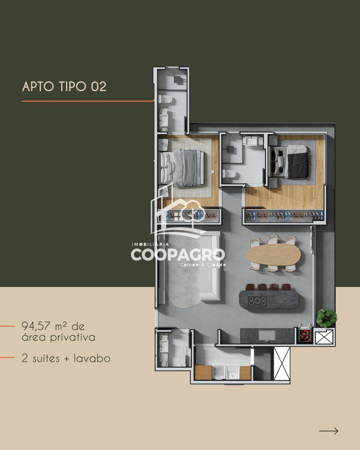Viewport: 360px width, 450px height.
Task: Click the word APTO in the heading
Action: pyautogui.click(x=38, y=86)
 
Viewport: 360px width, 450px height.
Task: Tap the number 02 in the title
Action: pyautogui.click(x=98, y=86)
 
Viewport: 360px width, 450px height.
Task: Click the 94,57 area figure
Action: pyautogui.click(x=36, y=326)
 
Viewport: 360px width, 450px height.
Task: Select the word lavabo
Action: pyautogui.click(x=92, y=358)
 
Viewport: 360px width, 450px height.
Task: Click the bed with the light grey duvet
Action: pyautogui.click(x=182, y=168)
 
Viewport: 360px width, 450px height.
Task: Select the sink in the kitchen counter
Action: pyautogui.click(x=267, y=335)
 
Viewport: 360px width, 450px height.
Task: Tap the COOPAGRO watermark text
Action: pyautogui.click(x=178, y=254)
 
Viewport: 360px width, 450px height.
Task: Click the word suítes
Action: pyautogui.click(x=46, y=358)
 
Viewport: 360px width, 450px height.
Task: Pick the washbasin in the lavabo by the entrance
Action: pyautogui.click(x=164, y=347)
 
